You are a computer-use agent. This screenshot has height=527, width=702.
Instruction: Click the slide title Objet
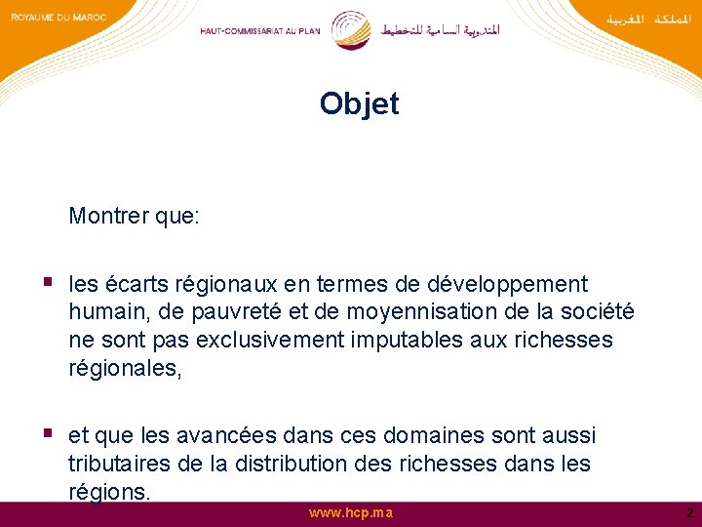[x=359, y=104]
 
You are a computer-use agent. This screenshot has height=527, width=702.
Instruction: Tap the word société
[x=596, y=312]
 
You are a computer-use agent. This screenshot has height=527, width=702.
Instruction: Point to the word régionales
[x=124, y=368]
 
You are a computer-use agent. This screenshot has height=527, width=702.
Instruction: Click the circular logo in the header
[x=350, y=29]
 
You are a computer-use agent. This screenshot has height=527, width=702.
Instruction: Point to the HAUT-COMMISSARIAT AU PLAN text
[x=259, y=30]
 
